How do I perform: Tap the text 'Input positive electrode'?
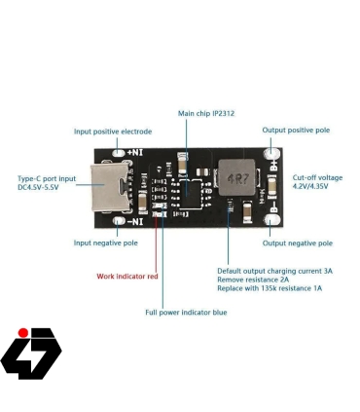point(113,131)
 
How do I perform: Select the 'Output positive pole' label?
point(296,130)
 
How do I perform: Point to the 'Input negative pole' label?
point(106,243)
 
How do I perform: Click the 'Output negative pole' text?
point(298,243)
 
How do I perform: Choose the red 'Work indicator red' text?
point(127,277)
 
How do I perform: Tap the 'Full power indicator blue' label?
point(186,313)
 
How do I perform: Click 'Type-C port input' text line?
point(47,178)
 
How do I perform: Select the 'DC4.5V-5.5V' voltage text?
point(39,187)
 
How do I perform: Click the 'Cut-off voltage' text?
point(317,178)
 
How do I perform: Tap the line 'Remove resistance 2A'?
point(253,280)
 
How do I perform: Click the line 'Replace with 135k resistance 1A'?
point(270,288)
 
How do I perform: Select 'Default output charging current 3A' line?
point(274,271)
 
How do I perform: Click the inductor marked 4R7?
point(235,178)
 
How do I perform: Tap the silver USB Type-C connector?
point(109,188)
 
